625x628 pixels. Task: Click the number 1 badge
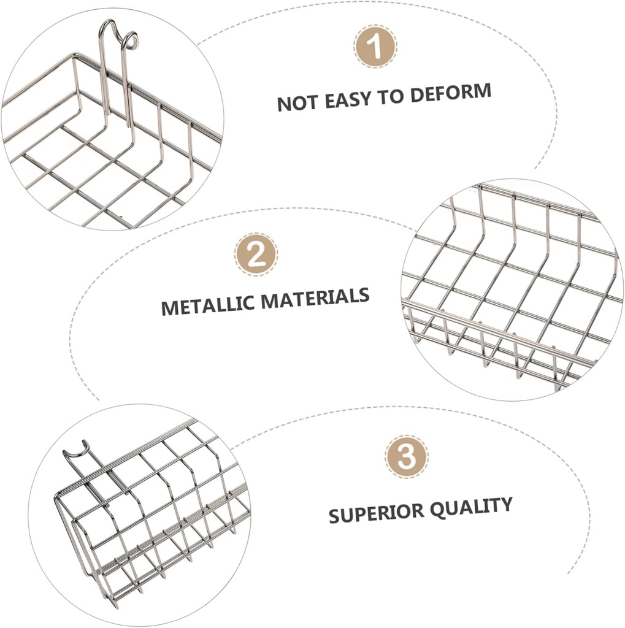[x=375, y=46]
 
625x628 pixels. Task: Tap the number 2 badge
[x=256, y=254]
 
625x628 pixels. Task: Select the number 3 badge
[x=406, y=457]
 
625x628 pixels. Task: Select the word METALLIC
[x=208, y=304]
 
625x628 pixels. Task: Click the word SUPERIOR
[x=372, y=513]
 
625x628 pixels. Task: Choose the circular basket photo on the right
[x=512, y=289]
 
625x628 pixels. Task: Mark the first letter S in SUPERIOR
[x=334, y=516]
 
